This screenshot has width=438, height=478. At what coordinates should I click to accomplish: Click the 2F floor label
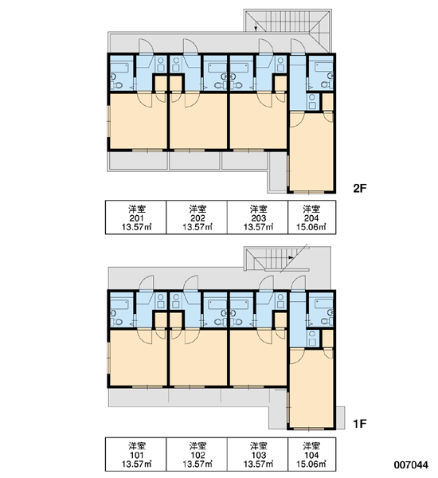pyautogui.click(x=359, y=189)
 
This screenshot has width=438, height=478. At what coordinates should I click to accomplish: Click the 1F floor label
pyautogui.click(x=359, y=424)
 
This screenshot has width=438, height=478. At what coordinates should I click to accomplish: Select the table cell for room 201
pyautogui.click(x=136, y=217)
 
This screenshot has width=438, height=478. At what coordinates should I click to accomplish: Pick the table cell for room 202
pyautogui.click(x=197, y=217)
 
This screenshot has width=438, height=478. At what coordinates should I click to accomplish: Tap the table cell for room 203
pyautogui.click(x=258, y=217)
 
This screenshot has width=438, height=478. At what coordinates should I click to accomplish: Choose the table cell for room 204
pyautogui.click(x=312, y=217)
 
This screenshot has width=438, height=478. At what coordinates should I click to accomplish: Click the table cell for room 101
pyautogui.click(x=136, y=455)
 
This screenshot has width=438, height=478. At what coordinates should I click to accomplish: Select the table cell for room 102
pyautogui.click(x=197, y=455)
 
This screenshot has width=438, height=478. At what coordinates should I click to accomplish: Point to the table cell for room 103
pyautogui.click(x=258, y=455)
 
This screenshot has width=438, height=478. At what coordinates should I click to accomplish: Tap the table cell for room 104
pyautogui.click(x=312, y=455)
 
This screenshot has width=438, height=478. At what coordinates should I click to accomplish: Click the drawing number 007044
pyautogui.click(x=411, y=465)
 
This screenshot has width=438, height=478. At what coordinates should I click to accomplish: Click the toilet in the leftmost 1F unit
pyautogui.click(x=117, y=322)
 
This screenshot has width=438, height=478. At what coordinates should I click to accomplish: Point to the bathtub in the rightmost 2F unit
pyautogui.click(x=323, y=66)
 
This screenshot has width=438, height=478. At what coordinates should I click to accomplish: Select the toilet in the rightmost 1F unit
pyautogui.click(x=327, y=321)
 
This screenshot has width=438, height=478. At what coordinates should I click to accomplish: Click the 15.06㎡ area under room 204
pyautogui.click(x=311, y=227)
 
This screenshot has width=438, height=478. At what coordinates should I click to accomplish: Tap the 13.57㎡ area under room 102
pyautogui.click(x=197, y=464)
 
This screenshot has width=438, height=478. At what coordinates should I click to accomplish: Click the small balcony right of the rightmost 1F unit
pyautogui.click(x=340, y=417)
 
